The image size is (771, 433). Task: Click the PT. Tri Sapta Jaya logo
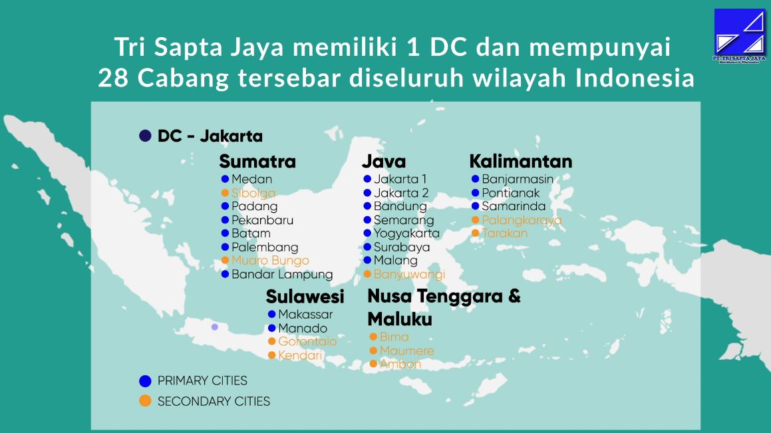click(740, 35)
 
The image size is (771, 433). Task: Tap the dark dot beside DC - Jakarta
click(145, 136)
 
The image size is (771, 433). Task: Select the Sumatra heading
click(257, 161)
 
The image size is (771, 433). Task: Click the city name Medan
click(251, 180)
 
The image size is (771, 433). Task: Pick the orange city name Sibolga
click(253, 193)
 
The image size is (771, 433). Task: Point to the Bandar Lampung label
click(282, 274)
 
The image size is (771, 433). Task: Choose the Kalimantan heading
click(521, 161)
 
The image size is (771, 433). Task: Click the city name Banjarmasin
click(518, 180)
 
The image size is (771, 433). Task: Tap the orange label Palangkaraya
click(522, 220)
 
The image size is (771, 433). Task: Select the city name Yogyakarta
click(406, 233)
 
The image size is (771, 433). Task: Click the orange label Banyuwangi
click(410, 274)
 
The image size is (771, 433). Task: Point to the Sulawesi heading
click(305, 297)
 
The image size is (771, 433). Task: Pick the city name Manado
click(303, 328)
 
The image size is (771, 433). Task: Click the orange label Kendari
click(300, 355)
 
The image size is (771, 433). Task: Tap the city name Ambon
click(400, 364)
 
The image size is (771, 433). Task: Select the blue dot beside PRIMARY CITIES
click(145, 381)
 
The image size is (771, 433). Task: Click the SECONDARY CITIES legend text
click(214, 402)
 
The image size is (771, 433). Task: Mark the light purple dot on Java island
click(215, 327)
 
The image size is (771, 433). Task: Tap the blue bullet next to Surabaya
click(367, 247)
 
